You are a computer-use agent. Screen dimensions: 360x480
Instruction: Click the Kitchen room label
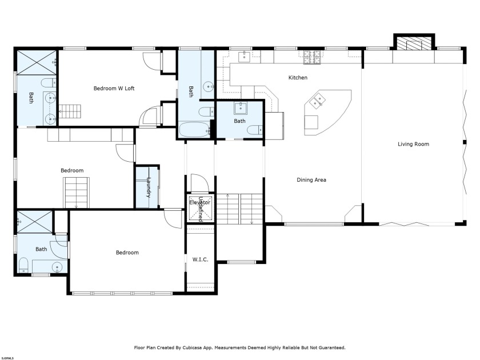point(298,77)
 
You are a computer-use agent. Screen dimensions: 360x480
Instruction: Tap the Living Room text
point(413,144)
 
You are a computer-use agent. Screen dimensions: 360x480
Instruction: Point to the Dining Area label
point(311,180)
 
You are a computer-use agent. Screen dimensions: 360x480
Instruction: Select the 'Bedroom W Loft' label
point(114,88)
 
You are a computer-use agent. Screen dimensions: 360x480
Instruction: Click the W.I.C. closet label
point(200,259)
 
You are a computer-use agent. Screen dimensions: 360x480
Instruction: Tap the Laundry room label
point(148,187)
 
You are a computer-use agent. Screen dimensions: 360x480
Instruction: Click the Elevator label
point(200,202)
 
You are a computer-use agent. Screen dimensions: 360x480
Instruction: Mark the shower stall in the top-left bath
point(35,62)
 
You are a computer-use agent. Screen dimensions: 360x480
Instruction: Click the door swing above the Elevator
point(197,185)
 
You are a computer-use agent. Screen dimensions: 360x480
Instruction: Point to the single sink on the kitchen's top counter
point(244,55)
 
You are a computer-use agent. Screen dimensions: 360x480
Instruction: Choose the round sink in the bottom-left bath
point(57,266)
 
